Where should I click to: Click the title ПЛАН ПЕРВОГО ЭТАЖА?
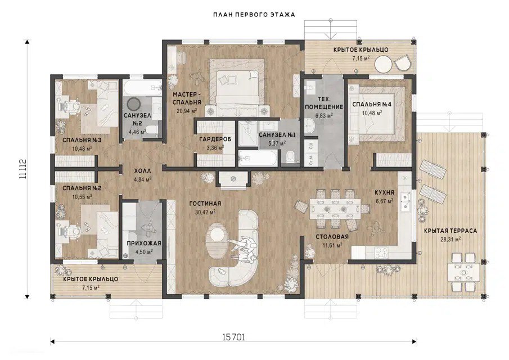(x=254, y=15)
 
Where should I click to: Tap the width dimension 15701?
(x=234, y=337)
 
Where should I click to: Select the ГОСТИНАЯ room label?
(x=205, y=204)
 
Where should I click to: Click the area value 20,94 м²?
(x=187, y=111)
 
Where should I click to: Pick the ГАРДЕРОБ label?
(x=215, y=139)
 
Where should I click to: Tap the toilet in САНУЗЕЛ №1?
(x=291, y=157)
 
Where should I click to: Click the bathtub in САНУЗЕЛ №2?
(x=142, y=87)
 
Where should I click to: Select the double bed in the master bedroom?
(x=237, y=85)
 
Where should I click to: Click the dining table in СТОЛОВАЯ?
(x=335, y=208)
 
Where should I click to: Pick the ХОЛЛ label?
(x=142, y=171)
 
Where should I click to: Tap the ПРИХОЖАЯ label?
(x=144, y=244)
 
